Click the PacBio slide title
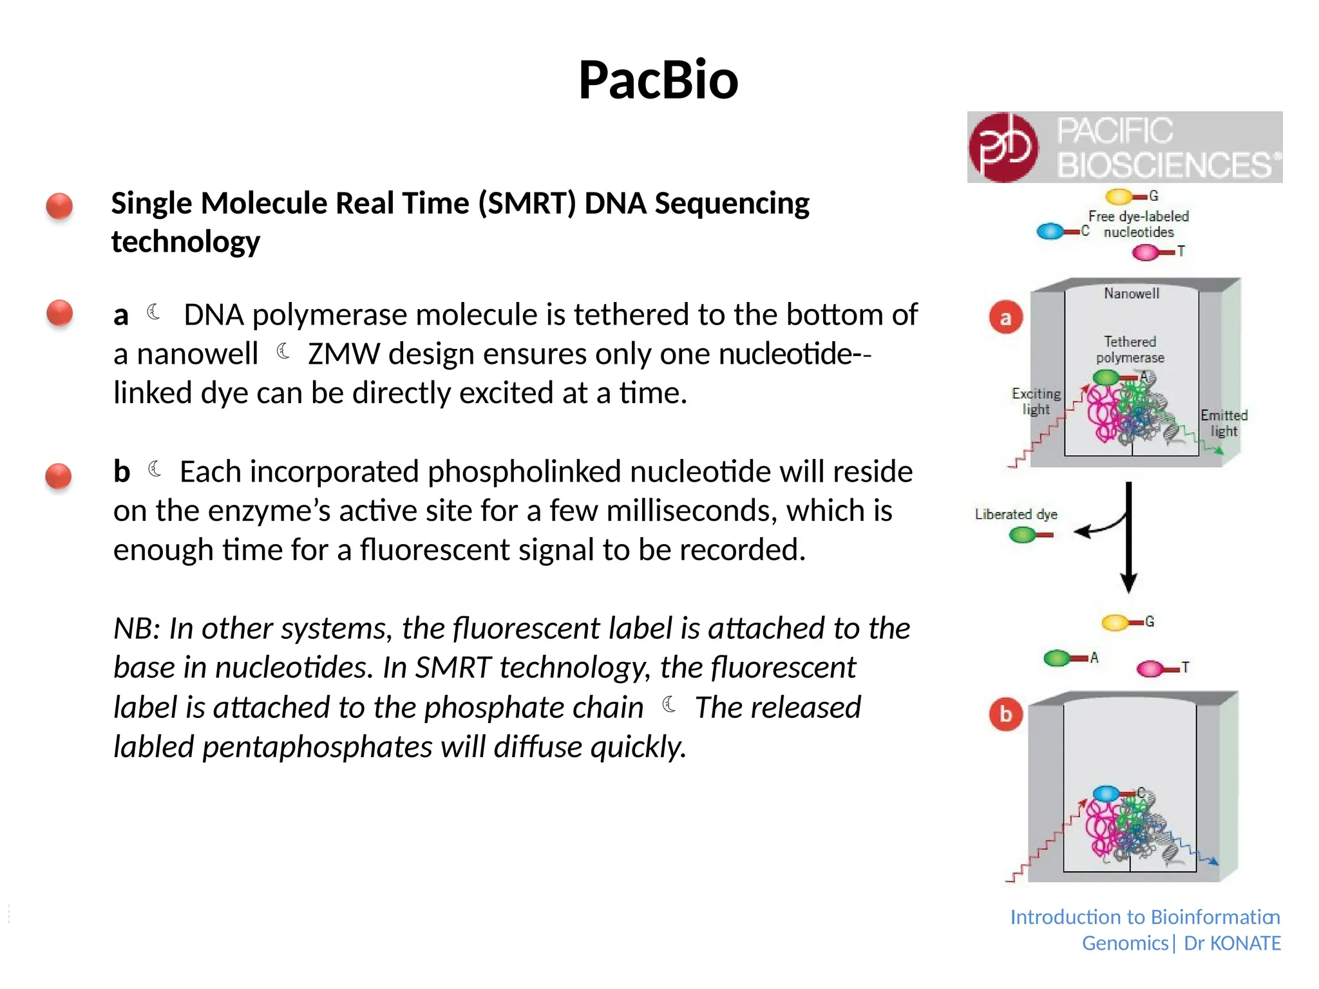[x=658, y=80]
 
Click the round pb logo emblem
[x=1003, y=147]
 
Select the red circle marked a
[x=1005, y=317]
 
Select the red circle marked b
[x=1005, y=714]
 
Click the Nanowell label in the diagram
[x=1132, y=294]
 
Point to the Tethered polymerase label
[x=1130, y=350]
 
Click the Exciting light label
[x=1036, y=401]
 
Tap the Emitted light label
[x=1224, y=423]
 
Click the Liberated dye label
[x=1016, y=514]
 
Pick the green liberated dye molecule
[x=1023, y=534]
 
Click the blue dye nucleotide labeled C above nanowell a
[x=1051, y=231]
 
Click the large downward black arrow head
[x=1128, y=582]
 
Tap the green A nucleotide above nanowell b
[x=1058, y=658]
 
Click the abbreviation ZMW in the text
[x=344, y=354]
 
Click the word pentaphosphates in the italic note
[x=317, y=747]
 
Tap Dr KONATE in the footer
[x=1232, y=943]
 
